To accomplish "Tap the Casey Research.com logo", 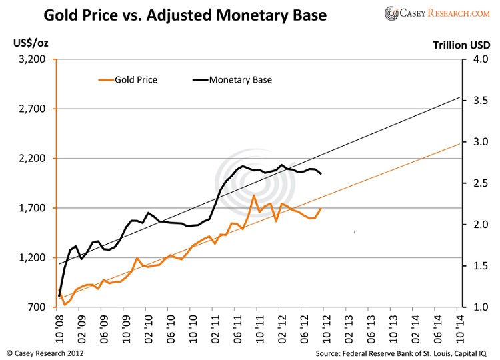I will (437, 13).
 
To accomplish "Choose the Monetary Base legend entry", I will (233, 80).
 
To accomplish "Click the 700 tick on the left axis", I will (37, 307).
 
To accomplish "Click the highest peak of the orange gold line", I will (254, 195).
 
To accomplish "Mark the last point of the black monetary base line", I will (321, 174).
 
